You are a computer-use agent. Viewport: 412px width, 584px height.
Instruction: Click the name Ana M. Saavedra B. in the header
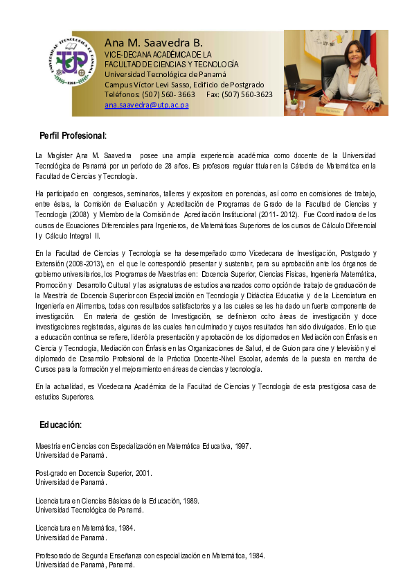pyautogui.click(x=153, y=42)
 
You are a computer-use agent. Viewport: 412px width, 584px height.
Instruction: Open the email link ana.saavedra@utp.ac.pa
pyautogui.click(x=146, y=105)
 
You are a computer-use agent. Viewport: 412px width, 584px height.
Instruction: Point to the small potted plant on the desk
pyautogui.click(x=294, y=103)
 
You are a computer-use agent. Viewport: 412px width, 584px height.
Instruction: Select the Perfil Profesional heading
pyautogui.click(x=72, y=135)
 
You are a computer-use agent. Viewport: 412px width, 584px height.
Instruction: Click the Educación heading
pyautogui.click(x=60, y=424)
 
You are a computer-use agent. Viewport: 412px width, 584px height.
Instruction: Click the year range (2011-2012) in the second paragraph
pyautogui.click(x=275, y=215)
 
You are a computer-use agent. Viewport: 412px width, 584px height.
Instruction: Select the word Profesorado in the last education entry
pyautogui.click(x=55, y=556)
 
